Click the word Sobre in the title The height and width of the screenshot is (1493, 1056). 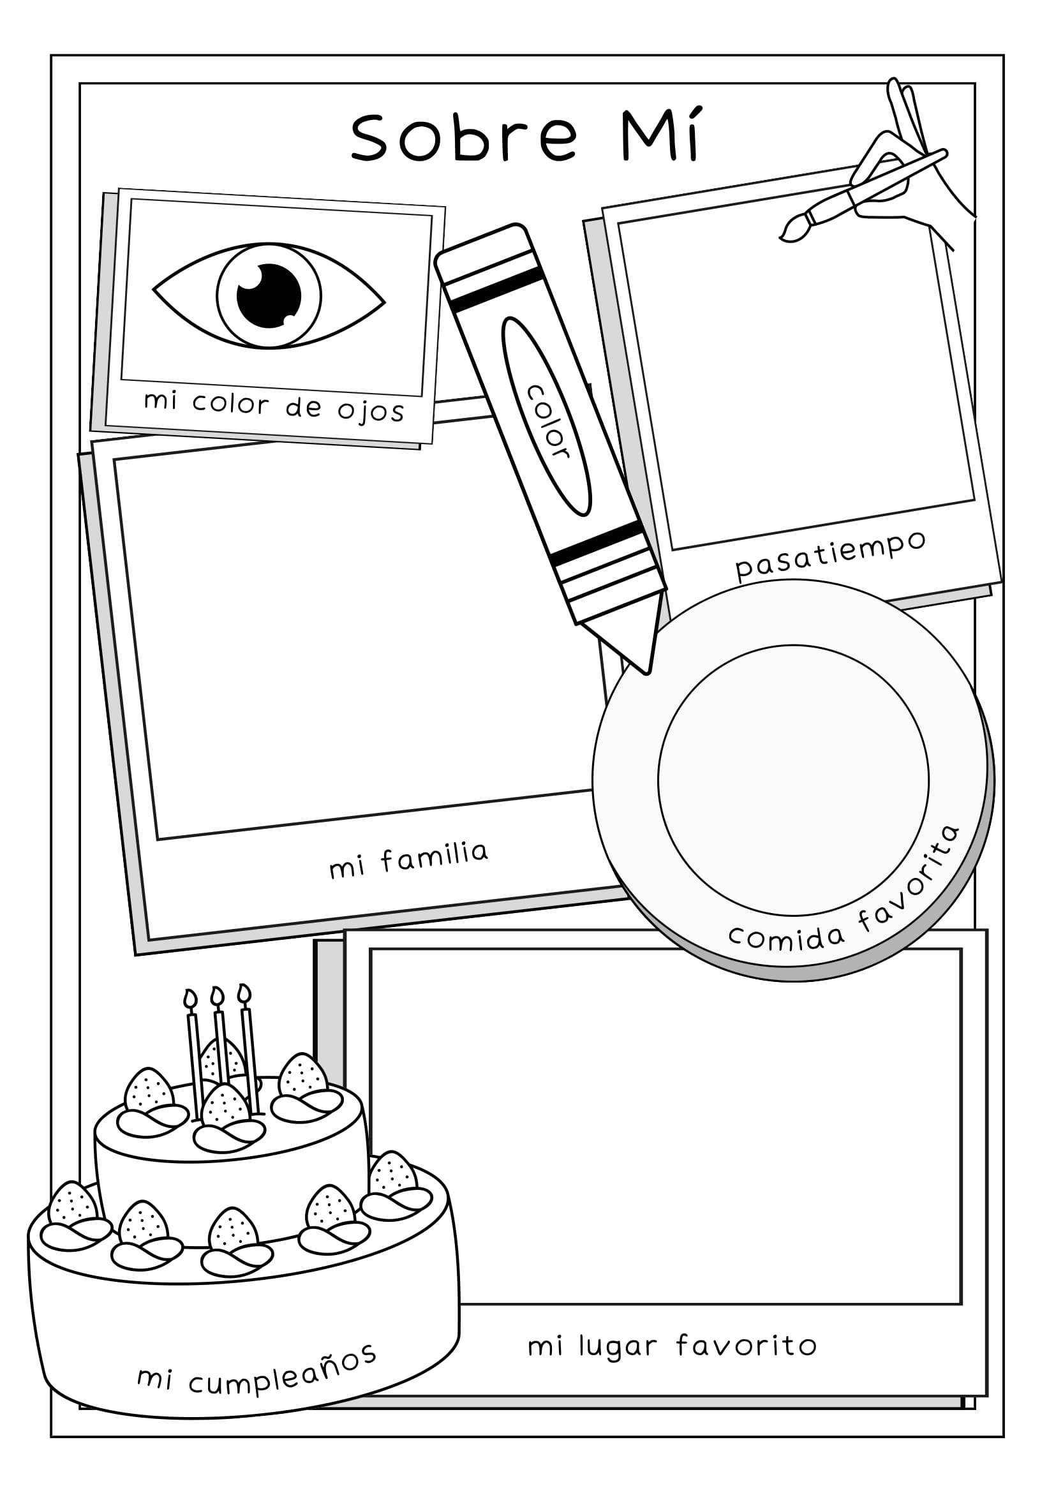(465, 137)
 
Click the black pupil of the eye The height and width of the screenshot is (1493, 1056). (269, 295)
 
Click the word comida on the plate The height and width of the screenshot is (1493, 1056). (786, 937)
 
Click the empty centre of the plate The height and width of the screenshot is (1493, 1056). (792, 780)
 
